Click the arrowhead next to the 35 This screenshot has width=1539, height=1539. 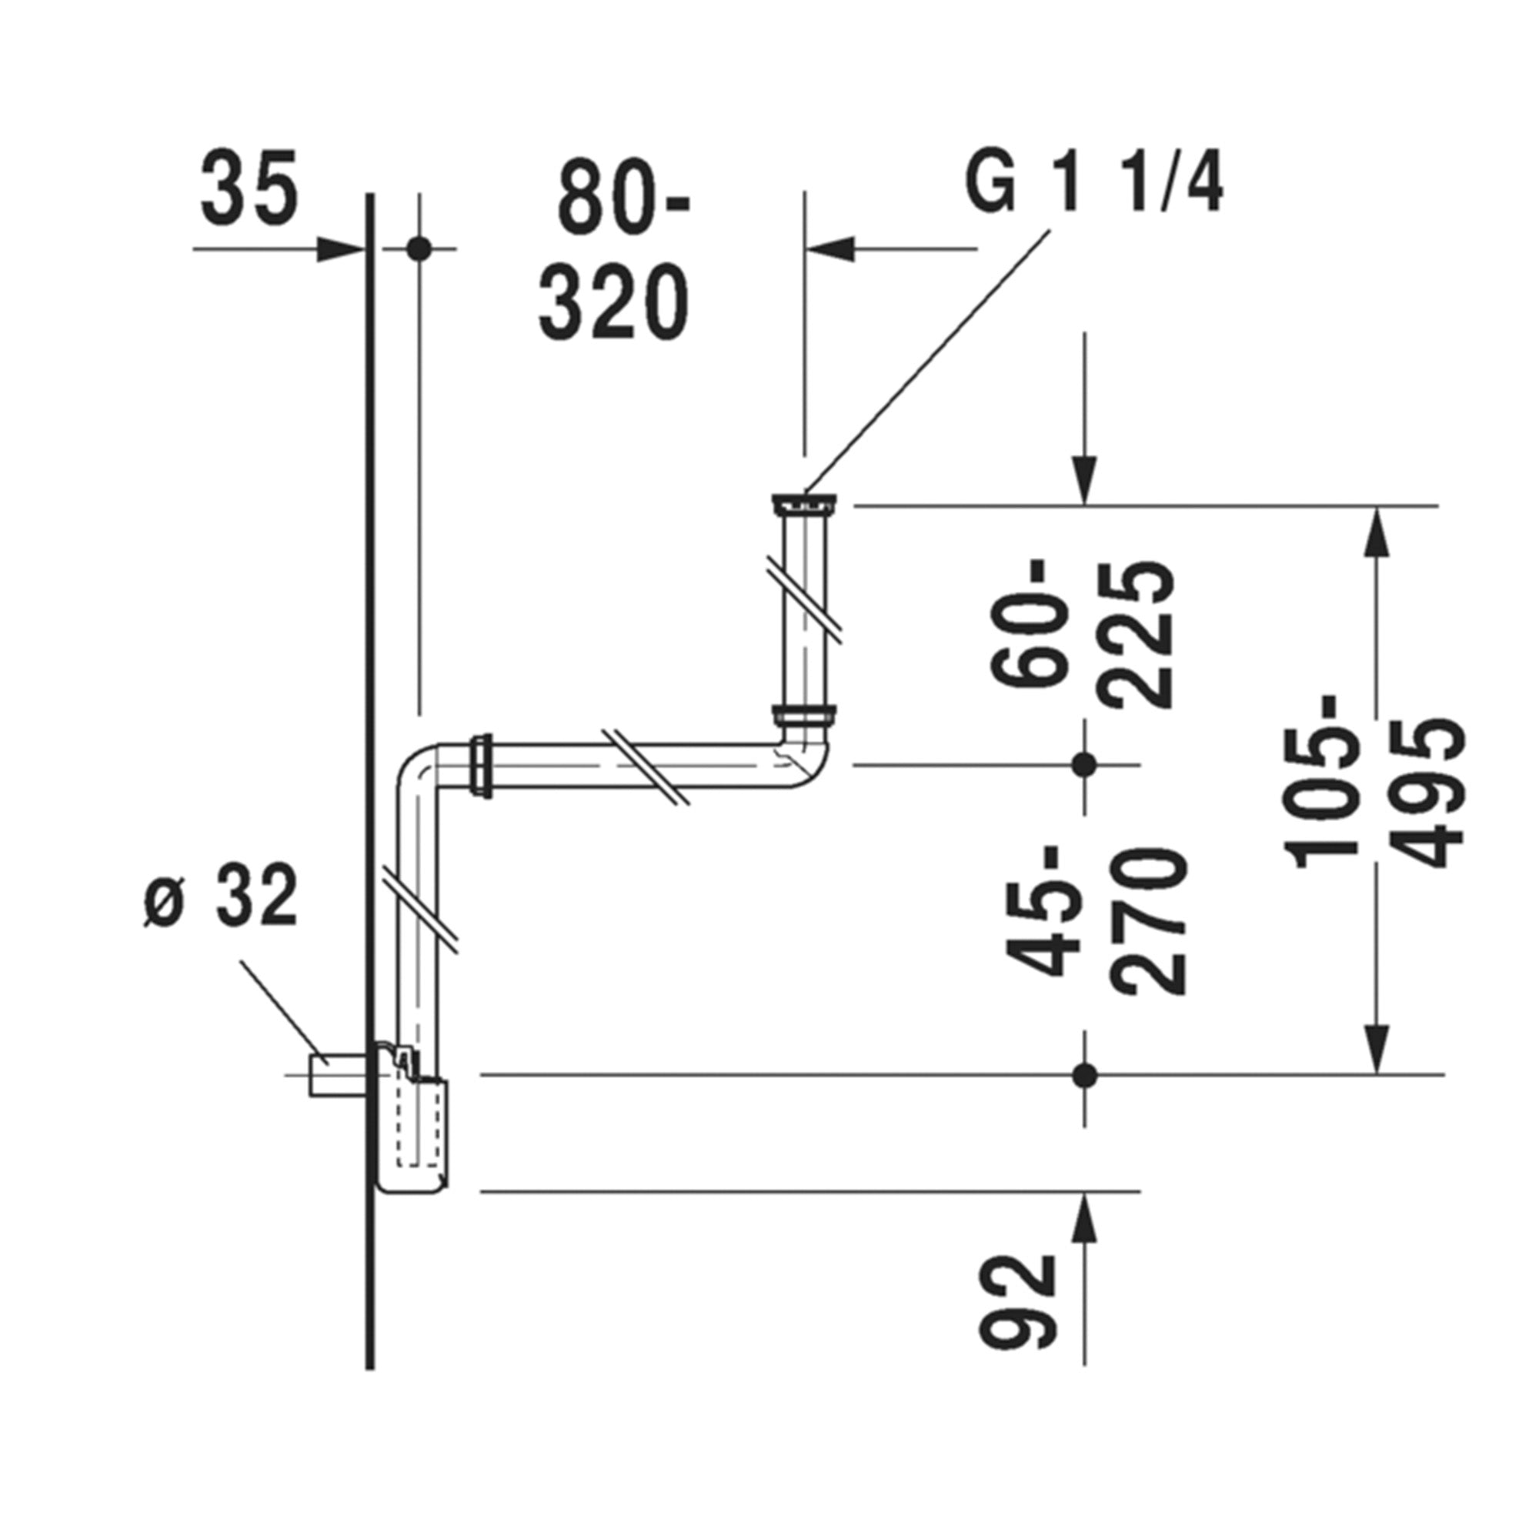339,249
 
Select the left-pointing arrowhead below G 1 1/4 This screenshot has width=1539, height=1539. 831,249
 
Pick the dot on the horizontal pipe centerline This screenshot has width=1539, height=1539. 1084,764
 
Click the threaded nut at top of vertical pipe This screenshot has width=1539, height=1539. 805,503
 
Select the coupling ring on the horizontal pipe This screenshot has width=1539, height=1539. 482,766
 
